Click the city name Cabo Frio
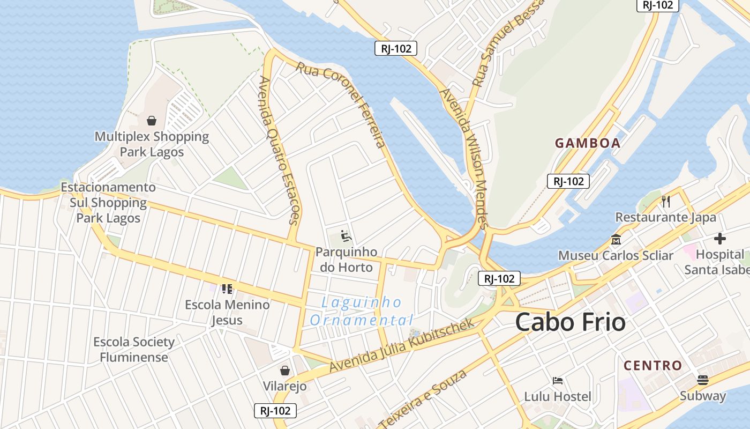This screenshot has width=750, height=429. click(x=570, y=322)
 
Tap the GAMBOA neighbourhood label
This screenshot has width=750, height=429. click(x=588, y=143)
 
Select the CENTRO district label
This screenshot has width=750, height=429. click(x=653, y=366)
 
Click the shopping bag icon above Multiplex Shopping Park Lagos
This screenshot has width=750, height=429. click(x=152, y=121)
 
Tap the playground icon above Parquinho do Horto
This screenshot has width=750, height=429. click(x=346, y=235)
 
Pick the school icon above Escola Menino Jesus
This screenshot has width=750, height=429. click(x=227, y=289)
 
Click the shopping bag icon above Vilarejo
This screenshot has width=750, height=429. click(x=285, y=371)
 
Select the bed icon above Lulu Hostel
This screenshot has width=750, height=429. click(x=558, y=381)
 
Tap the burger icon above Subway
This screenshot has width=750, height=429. click(x=703, y=380)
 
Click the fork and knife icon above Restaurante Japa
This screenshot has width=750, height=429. click(x=666, y=202)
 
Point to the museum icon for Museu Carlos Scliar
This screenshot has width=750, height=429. click(x=616, y=239)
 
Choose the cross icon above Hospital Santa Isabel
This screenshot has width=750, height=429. click(x=720, y=239)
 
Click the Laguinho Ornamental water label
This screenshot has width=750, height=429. click(x=362, y=312)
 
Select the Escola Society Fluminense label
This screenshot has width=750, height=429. click(x=134, y=350)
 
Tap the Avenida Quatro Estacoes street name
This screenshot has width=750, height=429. click(x=279, y=150)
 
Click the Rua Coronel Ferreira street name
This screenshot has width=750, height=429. click(x=341, y=105)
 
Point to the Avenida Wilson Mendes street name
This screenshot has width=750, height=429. click(x=464, y=159)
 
